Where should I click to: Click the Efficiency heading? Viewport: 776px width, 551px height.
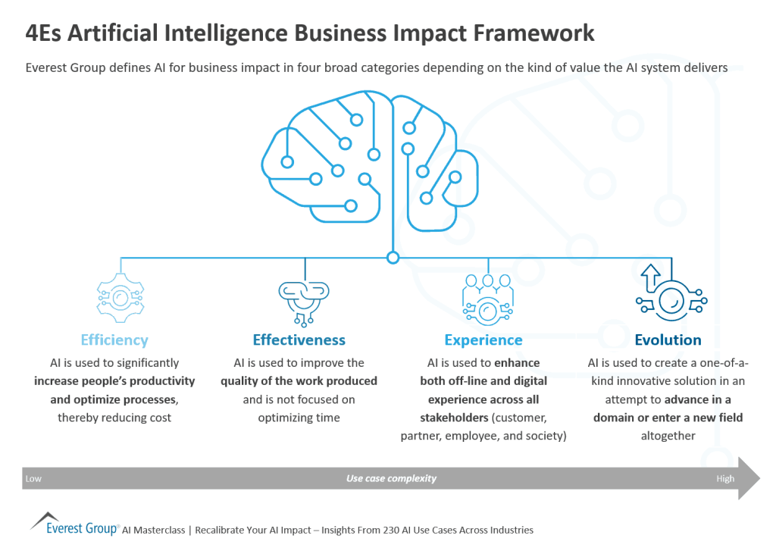click(x=114, y=340)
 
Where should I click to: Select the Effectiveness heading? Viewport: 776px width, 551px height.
click(x=299, y=340)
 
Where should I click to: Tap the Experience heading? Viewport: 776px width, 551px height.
click(x=483, y=340)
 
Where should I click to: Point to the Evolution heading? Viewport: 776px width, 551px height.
click(x=668, y=340)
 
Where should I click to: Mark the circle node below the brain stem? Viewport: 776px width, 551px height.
click(x=393, y=258)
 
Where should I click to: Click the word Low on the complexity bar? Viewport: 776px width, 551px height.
click(x=33, y=479)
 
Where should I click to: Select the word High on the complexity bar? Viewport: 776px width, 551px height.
click(x=725, y=479)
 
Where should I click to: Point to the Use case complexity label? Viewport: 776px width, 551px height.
click(x=391, y=479)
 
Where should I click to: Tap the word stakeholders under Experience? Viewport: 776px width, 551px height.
click(x=451, y=418)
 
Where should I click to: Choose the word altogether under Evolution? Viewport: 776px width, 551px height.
click(x=668, y=436)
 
